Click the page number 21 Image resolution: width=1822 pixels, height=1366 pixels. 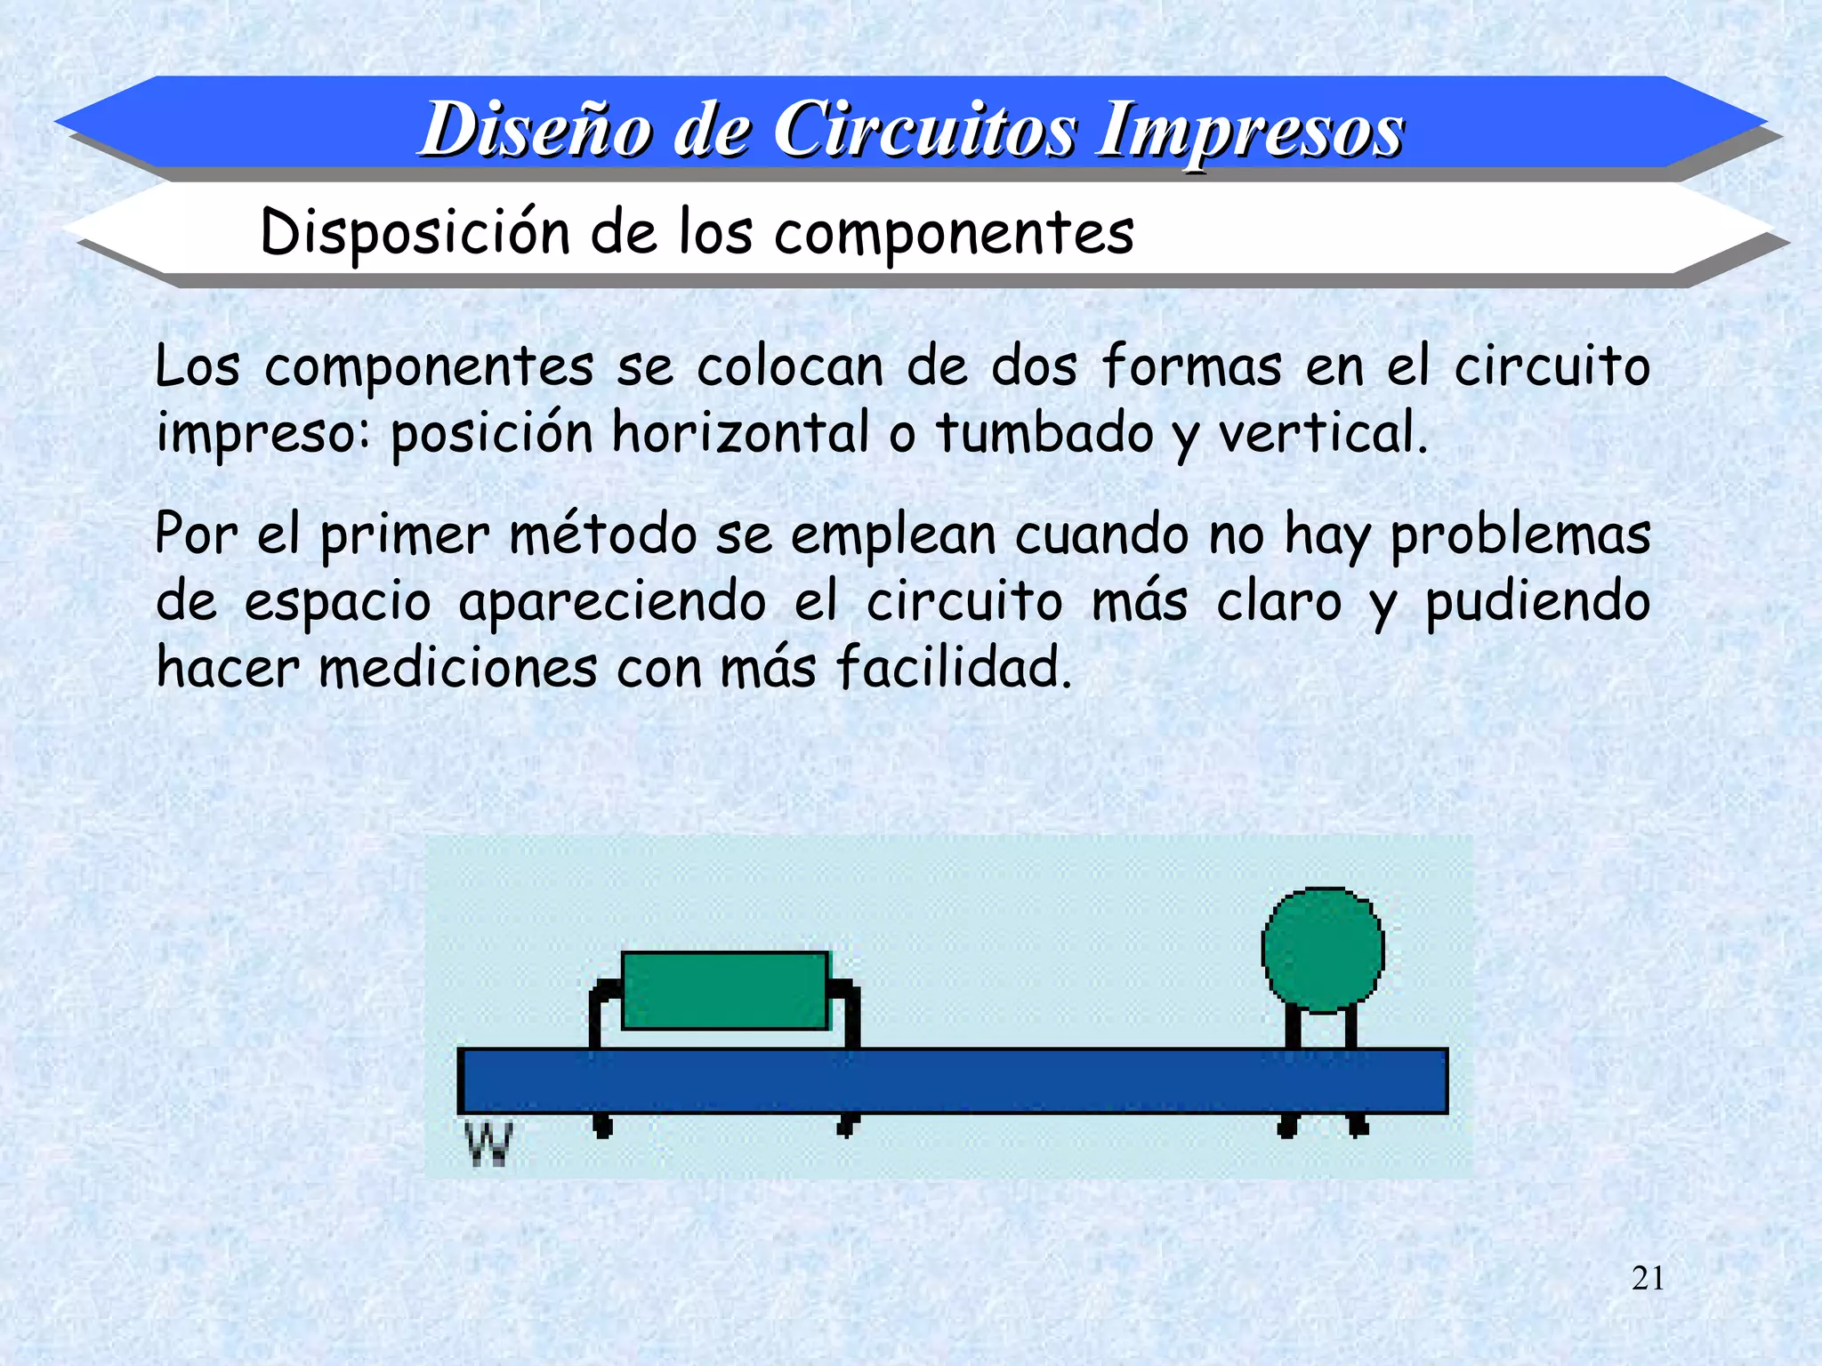1648,1278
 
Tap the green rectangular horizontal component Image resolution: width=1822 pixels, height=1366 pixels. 725,991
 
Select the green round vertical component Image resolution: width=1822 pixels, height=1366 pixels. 1323,950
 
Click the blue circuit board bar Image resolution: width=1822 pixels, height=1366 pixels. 952,1081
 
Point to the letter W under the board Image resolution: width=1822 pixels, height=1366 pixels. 489,1144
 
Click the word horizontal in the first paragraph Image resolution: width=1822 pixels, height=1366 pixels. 740,433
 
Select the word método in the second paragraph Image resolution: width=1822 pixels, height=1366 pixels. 603,534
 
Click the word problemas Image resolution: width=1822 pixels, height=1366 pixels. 1520,535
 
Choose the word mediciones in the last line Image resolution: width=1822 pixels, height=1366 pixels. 458,667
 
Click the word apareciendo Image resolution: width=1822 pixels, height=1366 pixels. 612,602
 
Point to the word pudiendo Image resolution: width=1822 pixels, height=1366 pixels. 1537,602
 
